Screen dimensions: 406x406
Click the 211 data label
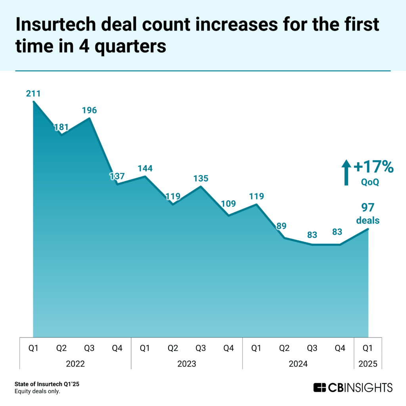(33, 94)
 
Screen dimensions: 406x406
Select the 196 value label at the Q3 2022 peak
(90, 110)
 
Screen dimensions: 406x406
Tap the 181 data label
(61, 127)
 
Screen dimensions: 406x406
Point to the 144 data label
(145, 168)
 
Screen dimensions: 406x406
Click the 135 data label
(201, 178)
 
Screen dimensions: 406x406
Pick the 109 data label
(229, 204)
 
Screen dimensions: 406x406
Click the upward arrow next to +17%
(346, 172)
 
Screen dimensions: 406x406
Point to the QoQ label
(370, 182)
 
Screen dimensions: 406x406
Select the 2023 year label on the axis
(186, 363)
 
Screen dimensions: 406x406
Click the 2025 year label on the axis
(368, 363)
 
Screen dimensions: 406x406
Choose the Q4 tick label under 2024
(340, 348)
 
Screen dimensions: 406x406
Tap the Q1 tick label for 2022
(33, 348)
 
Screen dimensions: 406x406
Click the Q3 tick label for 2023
(201, 348)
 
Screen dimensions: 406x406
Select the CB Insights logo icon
(320, 387)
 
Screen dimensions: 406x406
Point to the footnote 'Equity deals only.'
(37, 392)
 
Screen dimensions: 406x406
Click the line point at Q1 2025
(368, 229)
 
